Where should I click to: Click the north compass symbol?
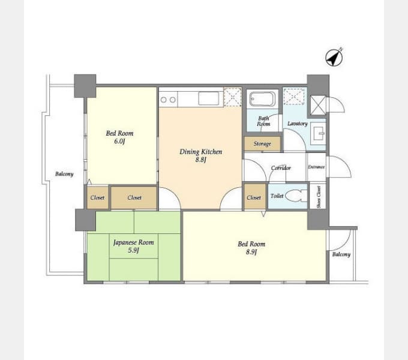[x=334, y=57]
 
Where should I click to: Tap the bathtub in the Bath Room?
[x=262, y=99]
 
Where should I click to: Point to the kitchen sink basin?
[x=208, y=98]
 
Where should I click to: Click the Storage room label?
[x=262, y=143]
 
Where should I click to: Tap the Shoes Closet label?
[x=319, y=197]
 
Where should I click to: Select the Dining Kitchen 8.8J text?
[x=200, y=155]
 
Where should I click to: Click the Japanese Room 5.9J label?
[x=133, y=246]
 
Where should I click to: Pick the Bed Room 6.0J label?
[x=119, y=137]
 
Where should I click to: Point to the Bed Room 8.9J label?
[x=251, y=248]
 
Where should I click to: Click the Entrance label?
[x=316, y=167]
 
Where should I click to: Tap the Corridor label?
[x=281, y=168]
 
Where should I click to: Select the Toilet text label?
[x=277, y=196]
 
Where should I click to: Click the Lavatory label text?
[x=298, y=124]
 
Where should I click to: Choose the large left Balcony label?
[x=64, y=174]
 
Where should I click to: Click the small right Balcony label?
[x=341, y=254]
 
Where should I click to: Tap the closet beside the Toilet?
[x=254, y=196]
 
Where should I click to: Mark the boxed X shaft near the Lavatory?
[x=318, y=105]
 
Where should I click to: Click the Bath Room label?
[x=263, y=121]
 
